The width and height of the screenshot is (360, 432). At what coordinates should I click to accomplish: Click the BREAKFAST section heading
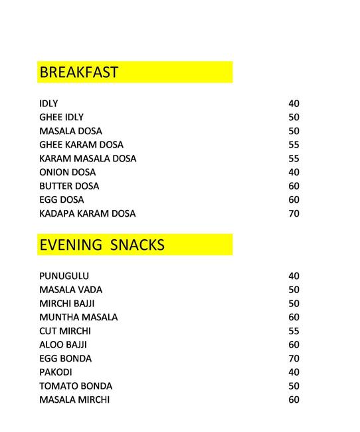click(78, 72)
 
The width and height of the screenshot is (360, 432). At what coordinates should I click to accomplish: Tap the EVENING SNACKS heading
click(102, 245)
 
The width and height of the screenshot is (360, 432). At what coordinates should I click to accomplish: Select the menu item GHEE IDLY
click(61, 117)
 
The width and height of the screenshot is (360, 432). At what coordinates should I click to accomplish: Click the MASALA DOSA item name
click(70, 131)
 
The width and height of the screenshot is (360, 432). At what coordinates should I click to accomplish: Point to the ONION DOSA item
click(67, 172)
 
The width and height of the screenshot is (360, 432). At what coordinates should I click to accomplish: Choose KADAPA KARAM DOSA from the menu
click(87, 213)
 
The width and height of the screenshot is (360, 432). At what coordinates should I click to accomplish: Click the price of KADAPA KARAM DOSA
click(294, 213)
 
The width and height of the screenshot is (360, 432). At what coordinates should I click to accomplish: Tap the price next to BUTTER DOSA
click(294, 186)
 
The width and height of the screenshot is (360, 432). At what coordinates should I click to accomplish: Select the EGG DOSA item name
click(61, 199)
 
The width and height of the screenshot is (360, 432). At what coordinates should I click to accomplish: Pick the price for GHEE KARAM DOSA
click(294, 144)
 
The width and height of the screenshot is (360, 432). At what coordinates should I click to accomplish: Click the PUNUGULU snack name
click(64, 276)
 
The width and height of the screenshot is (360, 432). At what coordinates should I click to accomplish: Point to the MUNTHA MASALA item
click(78, 317)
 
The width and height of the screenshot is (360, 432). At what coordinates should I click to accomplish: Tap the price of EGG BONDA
click(294, 358)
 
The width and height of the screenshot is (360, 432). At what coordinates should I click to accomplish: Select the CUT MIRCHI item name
click(65, 331)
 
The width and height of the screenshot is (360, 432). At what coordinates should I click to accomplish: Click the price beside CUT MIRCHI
click(294, 331)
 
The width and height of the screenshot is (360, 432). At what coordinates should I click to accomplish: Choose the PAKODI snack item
click(55, 372)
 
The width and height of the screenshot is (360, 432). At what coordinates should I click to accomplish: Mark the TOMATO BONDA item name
click(76, 386)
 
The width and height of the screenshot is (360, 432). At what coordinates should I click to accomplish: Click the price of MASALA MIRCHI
click(294, 399)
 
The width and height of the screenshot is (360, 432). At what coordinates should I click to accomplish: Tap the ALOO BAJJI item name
click(63, 344)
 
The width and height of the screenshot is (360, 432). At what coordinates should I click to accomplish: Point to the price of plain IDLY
click(294, 104)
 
